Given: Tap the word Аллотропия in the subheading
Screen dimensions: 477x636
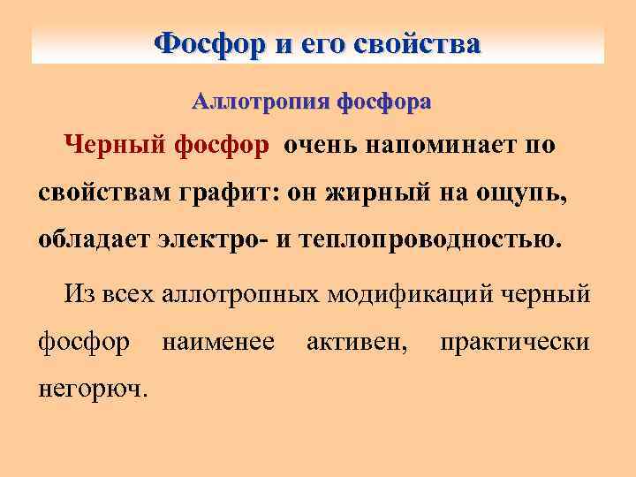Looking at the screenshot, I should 259,102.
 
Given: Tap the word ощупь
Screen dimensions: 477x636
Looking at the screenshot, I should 522,193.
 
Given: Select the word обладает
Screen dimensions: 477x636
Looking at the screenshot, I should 97,240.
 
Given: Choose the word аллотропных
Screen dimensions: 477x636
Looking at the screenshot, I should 241,293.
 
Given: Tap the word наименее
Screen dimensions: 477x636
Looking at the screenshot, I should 217,341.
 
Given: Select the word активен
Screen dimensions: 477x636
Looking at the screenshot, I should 357,341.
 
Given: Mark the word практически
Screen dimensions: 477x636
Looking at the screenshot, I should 514,341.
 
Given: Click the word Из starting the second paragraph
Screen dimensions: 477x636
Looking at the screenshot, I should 75,293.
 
